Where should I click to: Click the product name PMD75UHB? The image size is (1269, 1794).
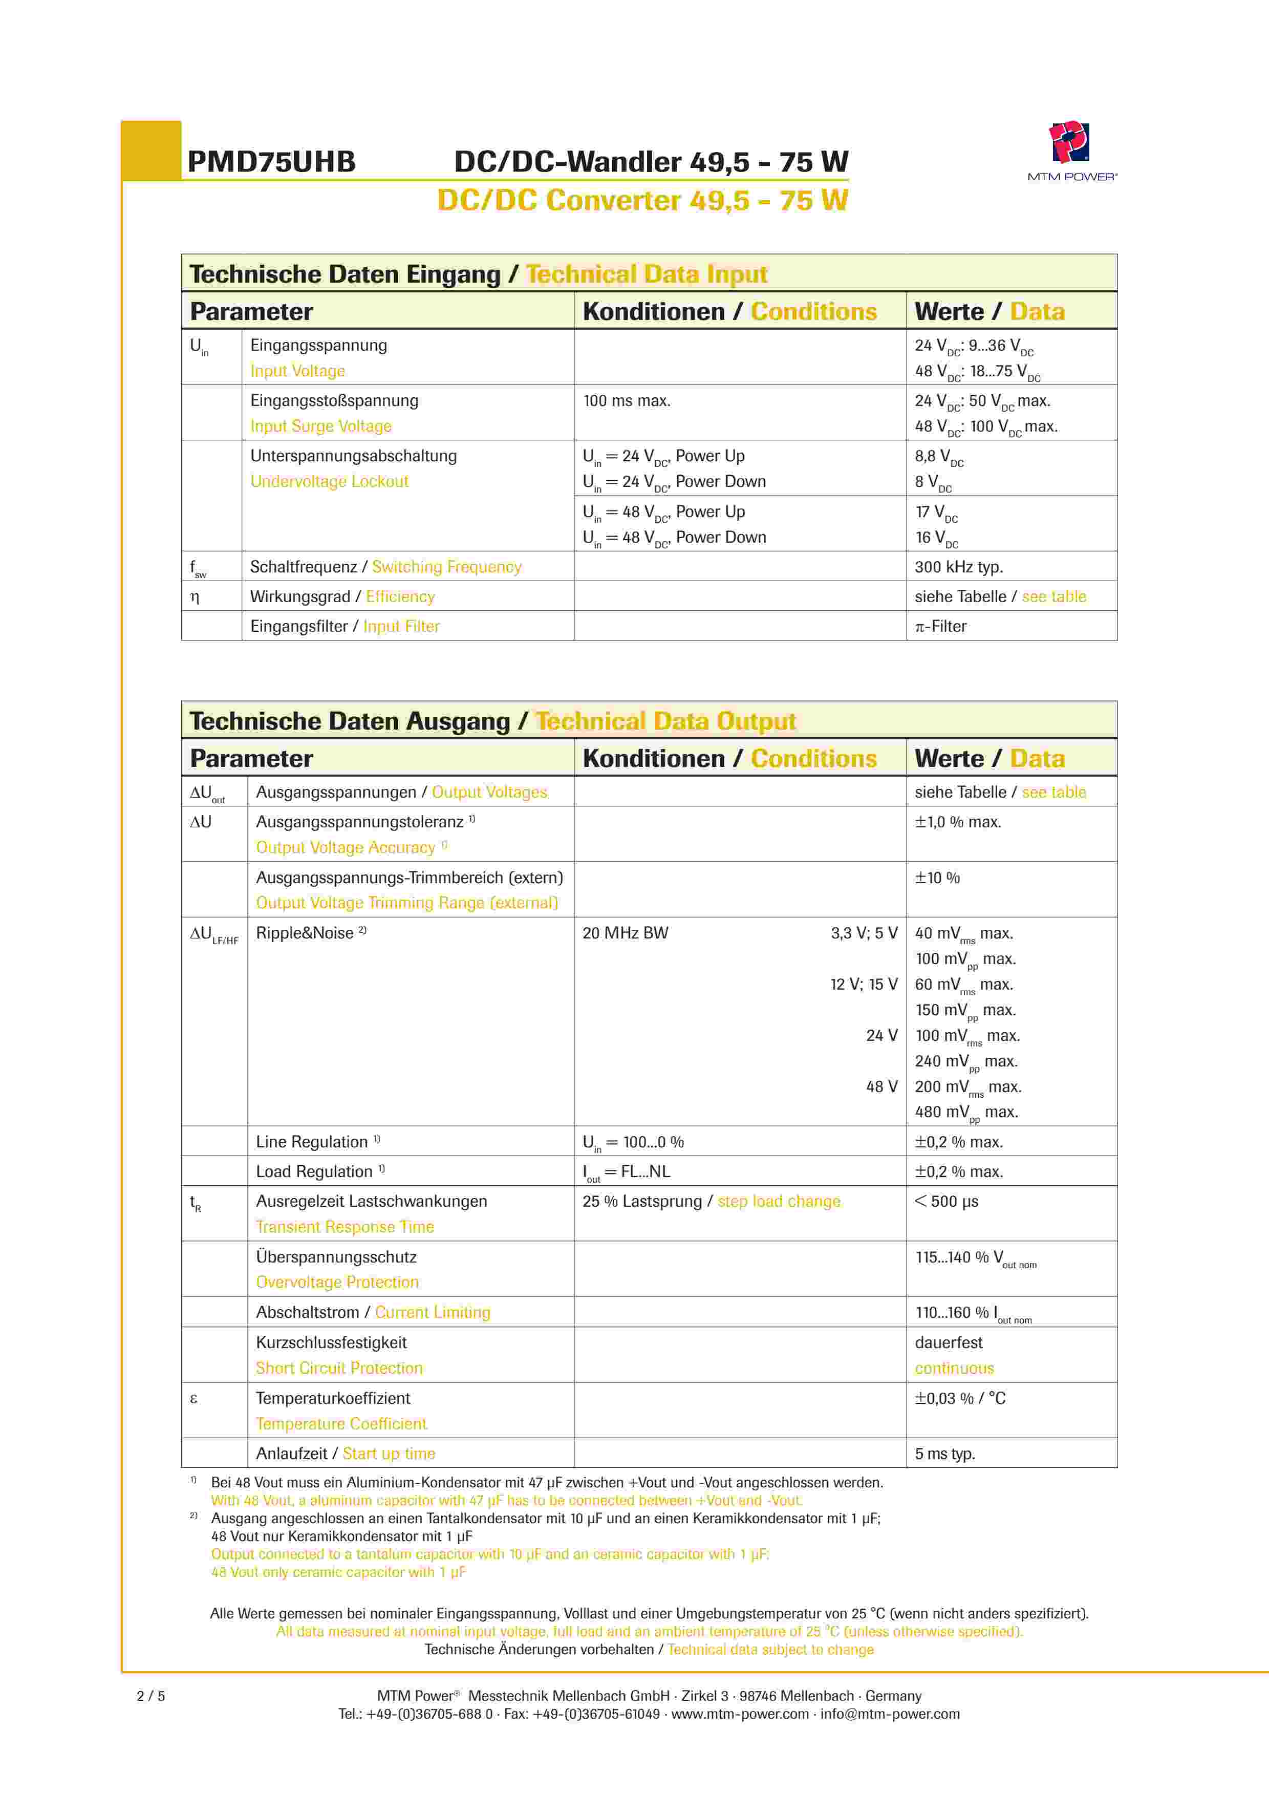click(x=271, y=162)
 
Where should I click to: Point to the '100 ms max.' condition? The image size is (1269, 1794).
click(x=627, y=401)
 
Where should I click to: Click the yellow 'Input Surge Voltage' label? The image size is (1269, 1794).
click(x=320, y=426)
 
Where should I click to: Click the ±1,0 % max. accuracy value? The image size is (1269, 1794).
click(x=958, y=822)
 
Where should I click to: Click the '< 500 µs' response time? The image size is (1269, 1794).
click(x=947, y=1201)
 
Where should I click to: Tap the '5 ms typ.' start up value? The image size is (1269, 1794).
click(x=945, y=1454)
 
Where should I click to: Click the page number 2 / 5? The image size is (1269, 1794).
click(x=151, y=1696)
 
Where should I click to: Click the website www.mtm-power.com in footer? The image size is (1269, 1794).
click(x=740, y=1714)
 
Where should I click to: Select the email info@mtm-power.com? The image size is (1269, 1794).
click(x=890, y=1714)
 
